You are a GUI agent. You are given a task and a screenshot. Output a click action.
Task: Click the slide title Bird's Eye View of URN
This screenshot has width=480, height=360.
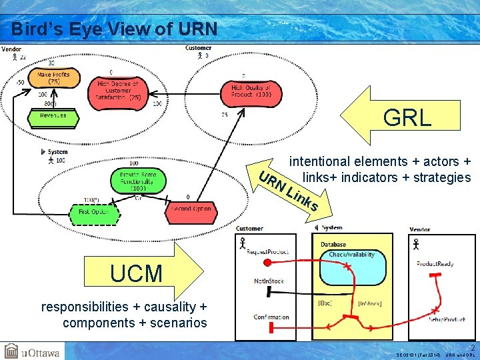pyautogui.click(x=114, y=29)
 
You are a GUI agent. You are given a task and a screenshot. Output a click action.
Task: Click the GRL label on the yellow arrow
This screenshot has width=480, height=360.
pyautogui.click(x=407, y=118)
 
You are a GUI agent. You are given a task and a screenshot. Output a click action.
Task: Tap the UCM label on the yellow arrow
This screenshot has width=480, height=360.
pyautogui.click(x=136, y=273)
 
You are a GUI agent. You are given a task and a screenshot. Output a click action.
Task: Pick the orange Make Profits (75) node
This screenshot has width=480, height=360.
pyautogui.click(x=54, y=78)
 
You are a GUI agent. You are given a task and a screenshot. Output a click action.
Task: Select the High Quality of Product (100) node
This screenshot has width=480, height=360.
pyautogui.click(x=251, y=91)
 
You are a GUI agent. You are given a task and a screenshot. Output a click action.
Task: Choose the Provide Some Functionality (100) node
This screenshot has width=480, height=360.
pyautogui.click(x=137, y=180)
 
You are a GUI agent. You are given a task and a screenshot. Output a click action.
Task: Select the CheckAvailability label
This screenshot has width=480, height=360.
pyautogui.click(x=351, y=255)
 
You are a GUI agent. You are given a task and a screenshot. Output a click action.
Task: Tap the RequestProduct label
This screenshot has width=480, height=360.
pyautogui.click(x=267, y=251)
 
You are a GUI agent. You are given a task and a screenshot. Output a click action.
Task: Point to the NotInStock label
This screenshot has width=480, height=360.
pyautogui.click(x=269, y=281)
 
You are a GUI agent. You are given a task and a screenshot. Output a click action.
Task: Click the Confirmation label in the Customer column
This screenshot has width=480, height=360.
pyautogui.click(x=271, y=317)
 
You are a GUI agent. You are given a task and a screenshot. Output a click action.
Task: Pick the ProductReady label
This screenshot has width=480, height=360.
pyautogui.click(x=435, y=264)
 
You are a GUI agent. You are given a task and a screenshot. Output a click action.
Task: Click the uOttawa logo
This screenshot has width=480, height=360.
pyautogui.click(x=31, y=351)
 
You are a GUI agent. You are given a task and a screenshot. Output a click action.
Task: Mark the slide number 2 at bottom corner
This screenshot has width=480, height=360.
pyautogui.click(x=473, y=347)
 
